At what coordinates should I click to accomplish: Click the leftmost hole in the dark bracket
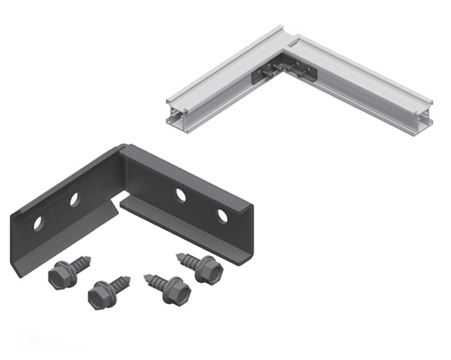coord(37,224)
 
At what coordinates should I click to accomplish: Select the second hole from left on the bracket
coord(74,200)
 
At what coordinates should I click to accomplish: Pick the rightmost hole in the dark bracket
coord(222,216)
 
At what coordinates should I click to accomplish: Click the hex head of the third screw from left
coord(176,292)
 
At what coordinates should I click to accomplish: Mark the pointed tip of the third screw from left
coord(146,275)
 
